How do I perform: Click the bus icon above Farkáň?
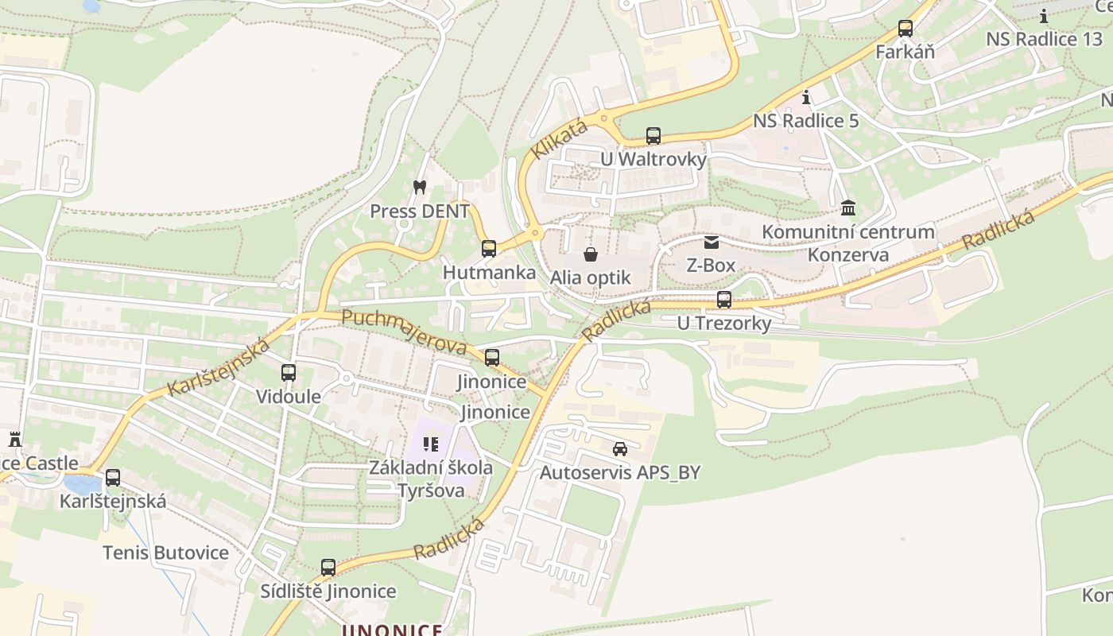click(x=905, y=29)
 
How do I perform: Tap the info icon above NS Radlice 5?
click(x=807, y=98)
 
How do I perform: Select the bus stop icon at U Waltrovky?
click(x=653, y=136)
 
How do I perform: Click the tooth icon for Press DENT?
click(x=420, y=188)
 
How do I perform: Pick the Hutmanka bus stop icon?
click(x=489, y=249)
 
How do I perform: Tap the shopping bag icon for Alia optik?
click(x=591, y=254)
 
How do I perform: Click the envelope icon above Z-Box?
click(x=711, y=242)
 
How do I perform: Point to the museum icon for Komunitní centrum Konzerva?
click(x=848, y=208)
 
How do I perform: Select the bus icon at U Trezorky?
click(x=723, y=300)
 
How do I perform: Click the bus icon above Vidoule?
click(x=289, y=372)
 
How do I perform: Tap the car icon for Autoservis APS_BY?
click(x=620, y=449)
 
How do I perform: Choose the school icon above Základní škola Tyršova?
click(x=431, y=444)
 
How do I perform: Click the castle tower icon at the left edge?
click(x=14, y=439)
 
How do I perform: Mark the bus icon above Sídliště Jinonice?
click(x=328, y=568)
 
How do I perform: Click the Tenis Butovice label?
click(x=165, y=553)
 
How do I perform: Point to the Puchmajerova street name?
click(x=403, y=332)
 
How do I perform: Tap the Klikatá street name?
click(x=560, y=138)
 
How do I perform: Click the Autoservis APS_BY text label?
click(x=620, y=472)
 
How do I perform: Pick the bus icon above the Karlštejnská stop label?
click(x=113, y=478)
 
